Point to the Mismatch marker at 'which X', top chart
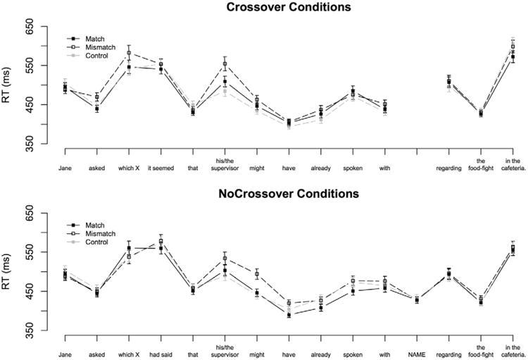click(x=129, y=53)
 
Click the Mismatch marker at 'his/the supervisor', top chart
click(x=225, y=64)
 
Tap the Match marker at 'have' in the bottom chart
click(x=289, y=315)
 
